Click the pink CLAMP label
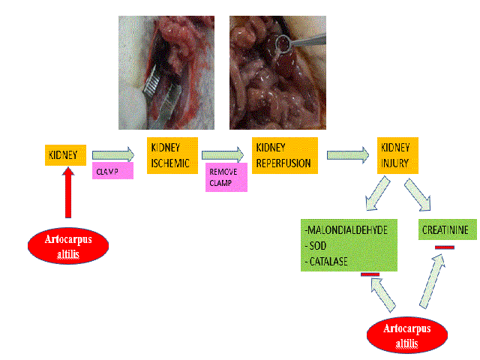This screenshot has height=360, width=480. (112, 172)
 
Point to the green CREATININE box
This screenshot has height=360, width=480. (447, 231)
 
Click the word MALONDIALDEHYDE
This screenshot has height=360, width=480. (347, 230)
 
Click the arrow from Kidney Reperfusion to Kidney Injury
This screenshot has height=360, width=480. (349, 155)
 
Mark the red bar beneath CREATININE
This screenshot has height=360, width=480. (444, 246)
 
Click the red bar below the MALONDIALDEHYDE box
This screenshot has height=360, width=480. (370, 274)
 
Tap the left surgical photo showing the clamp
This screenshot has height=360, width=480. (166, 73)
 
